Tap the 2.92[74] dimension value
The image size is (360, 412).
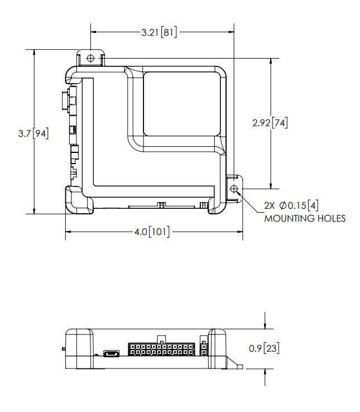(x=270, y=123)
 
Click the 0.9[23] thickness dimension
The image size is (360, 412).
(x=264, y=349)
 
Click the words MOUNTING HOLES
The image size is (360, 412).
(x=304, y=218)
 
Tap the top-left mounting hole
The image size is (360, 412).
(x=91, y=58)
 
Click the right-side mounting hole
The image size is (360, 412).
(x=234, y=189)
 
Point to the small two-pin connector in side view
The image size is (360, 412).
(x=203, y=349)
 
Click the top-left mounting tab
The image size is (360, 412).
(x=91, y=58)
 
